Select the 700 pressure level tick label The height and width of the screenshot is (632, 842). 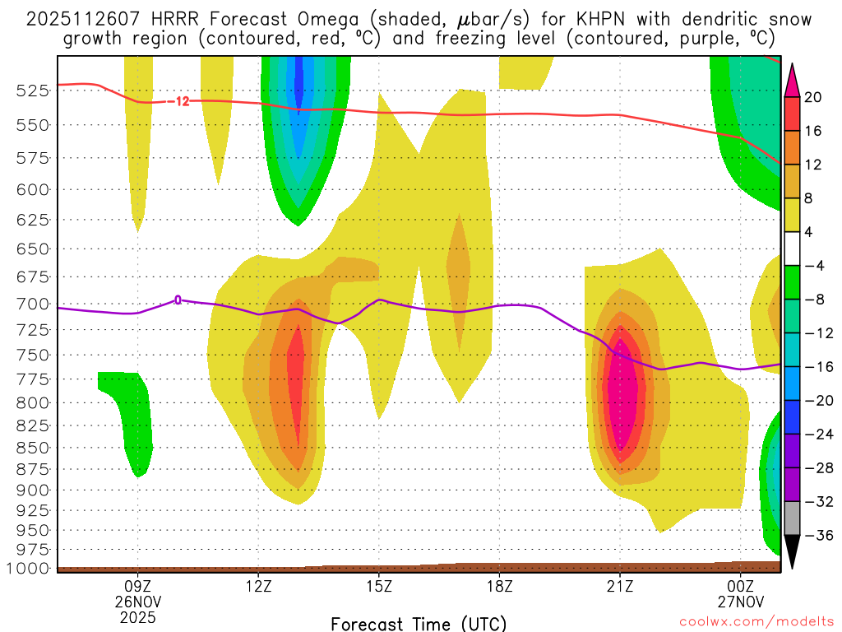click(33, 304)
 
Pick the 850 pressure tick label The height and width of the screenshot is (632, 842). click(33, 448)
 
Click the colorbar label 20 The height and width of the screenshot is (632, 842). click(814, 97)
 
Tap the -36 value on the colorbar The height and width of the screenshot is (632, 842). click(817, 536)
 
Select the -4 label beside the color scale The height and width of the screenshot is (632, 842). click(814, 266)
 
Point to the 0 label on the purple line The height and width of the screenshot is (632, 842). click(178, 300)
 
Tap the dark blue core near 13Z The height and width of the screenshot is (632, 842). click(298, 82)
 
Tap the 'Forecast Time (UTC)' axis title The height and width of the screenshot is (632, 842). click(419, 623)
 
